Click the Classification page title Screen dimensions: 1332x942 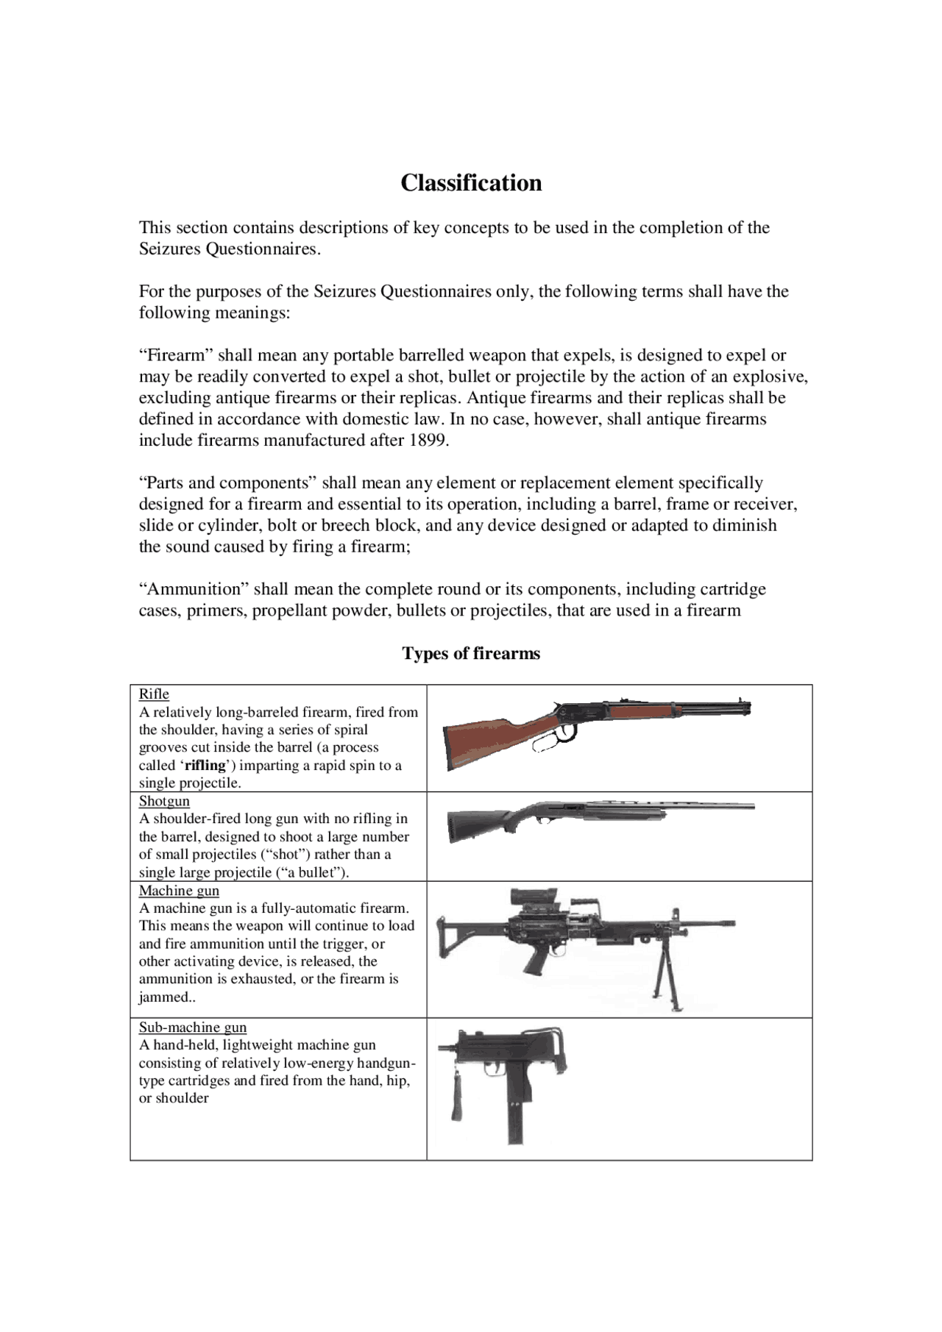[x=471, y=182]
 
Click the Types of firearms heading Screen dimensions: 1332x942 [x=471, y=653]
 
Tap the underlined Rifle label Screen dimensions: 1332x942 [x=154, y=694]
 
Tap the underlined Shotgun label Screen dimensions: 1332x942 [x=164, y=800]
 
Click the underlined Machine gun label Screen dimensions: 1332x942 [x=179, y=890]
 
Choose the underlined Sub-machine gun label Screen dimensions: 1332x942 [x=193, y=1027]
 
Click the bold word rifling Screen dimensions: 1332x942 [x=205, y=765]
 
